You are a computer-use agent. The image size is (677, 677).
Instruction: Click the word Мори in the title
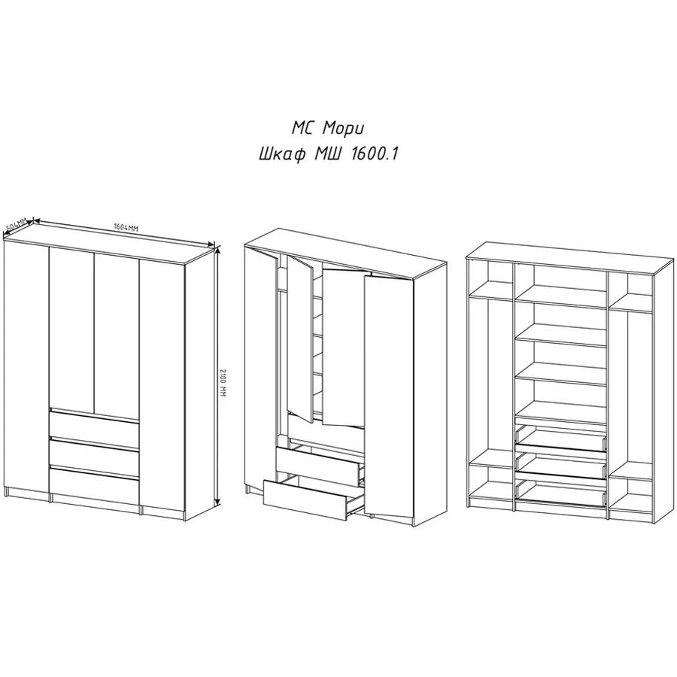pos(344,129)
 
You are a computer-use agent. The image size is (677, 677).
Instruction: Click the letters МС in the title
pos(303,128)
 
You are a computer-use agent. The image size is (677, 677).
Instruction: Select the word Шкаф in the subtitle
pos(282,154)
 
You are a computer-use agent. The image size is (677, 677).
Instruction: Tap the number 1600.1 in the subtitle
pos(375,154)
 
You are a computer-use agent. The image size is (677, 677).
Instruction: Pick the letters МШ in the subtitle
pos(329,154)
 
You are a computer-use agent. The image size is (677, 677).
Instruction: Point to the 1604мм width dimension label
pos(126,227)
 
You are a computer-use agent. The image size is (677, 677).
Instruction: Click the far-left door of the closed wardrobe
pos(26,366)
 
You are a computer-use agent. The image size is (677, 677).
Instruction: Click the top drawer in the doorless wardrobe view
pos(560,439)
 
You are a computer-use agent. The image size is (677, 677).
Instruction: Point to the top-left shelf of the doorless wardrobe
pos(490,290)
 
